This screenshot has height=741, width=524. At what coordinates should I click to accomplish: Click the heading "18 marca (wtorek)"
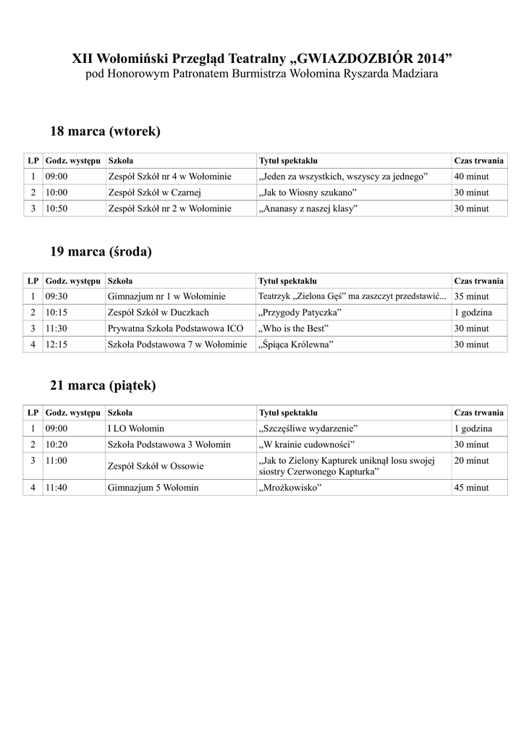pos(105,132)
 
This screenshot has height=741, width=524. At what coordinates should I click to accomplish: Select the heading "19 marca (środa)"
pos(101,252)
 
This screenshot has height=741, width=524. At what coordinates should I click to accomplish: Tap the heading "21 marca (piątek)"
pos(103,386)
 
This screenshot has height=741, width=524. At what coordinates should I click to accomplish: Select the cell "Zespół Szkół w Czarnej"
pos(153,192)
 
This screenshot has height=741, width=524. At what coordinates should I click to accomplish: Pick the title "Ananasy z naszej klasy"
pos(308,208)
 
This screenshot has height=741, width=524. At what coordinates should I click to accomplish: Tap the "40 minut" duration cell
pos(471,177)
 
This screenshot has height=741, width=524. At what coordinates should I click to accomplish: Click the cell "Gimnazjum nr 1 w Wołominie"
pos(166,297)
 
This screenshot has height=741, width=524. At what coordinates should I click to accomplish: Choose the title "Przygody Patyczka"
pos(300,313)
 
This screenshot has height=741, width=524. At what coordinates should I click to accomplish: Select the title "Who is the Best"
pos(293,329)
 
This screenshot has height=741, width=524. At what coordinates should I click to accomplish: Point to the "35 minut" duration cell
pos(471,297)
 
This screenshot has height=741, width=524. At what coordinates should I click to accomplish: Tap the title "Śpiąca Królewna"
pos(295,344)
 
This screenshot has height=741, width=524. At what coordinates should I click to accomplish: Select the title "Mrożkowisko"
pos(290,488)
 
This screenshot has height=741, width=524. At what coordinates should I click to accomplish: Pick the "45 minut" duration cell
pos(471,488)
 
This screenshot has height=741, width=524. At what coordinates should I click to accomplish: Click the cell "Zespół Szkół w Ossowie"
pos(155,466)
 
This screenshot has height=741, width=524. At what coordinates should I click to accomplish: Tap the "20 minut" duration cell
pos(471,461)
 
